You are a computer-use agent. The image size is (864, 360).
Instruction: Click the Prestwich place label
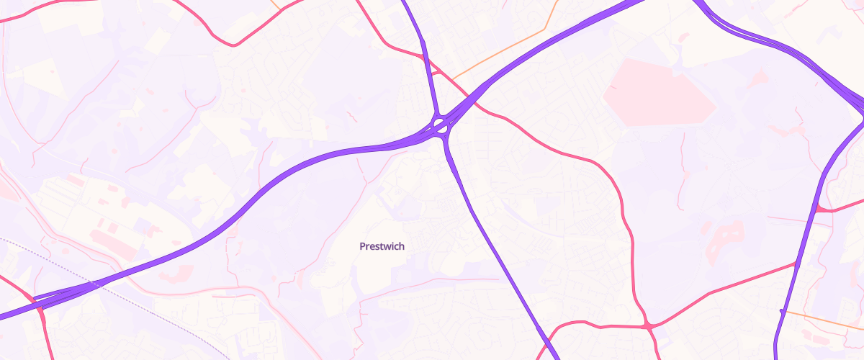point(382,246)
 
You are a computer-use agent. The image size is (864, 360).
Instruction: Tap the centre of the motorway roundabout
point(440,127)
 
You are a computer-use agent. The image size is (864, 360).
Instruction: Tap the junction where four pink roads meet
point(649,326)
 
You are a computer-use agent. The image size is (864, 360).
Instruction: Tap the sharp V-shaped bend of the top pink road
point(235,45)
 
